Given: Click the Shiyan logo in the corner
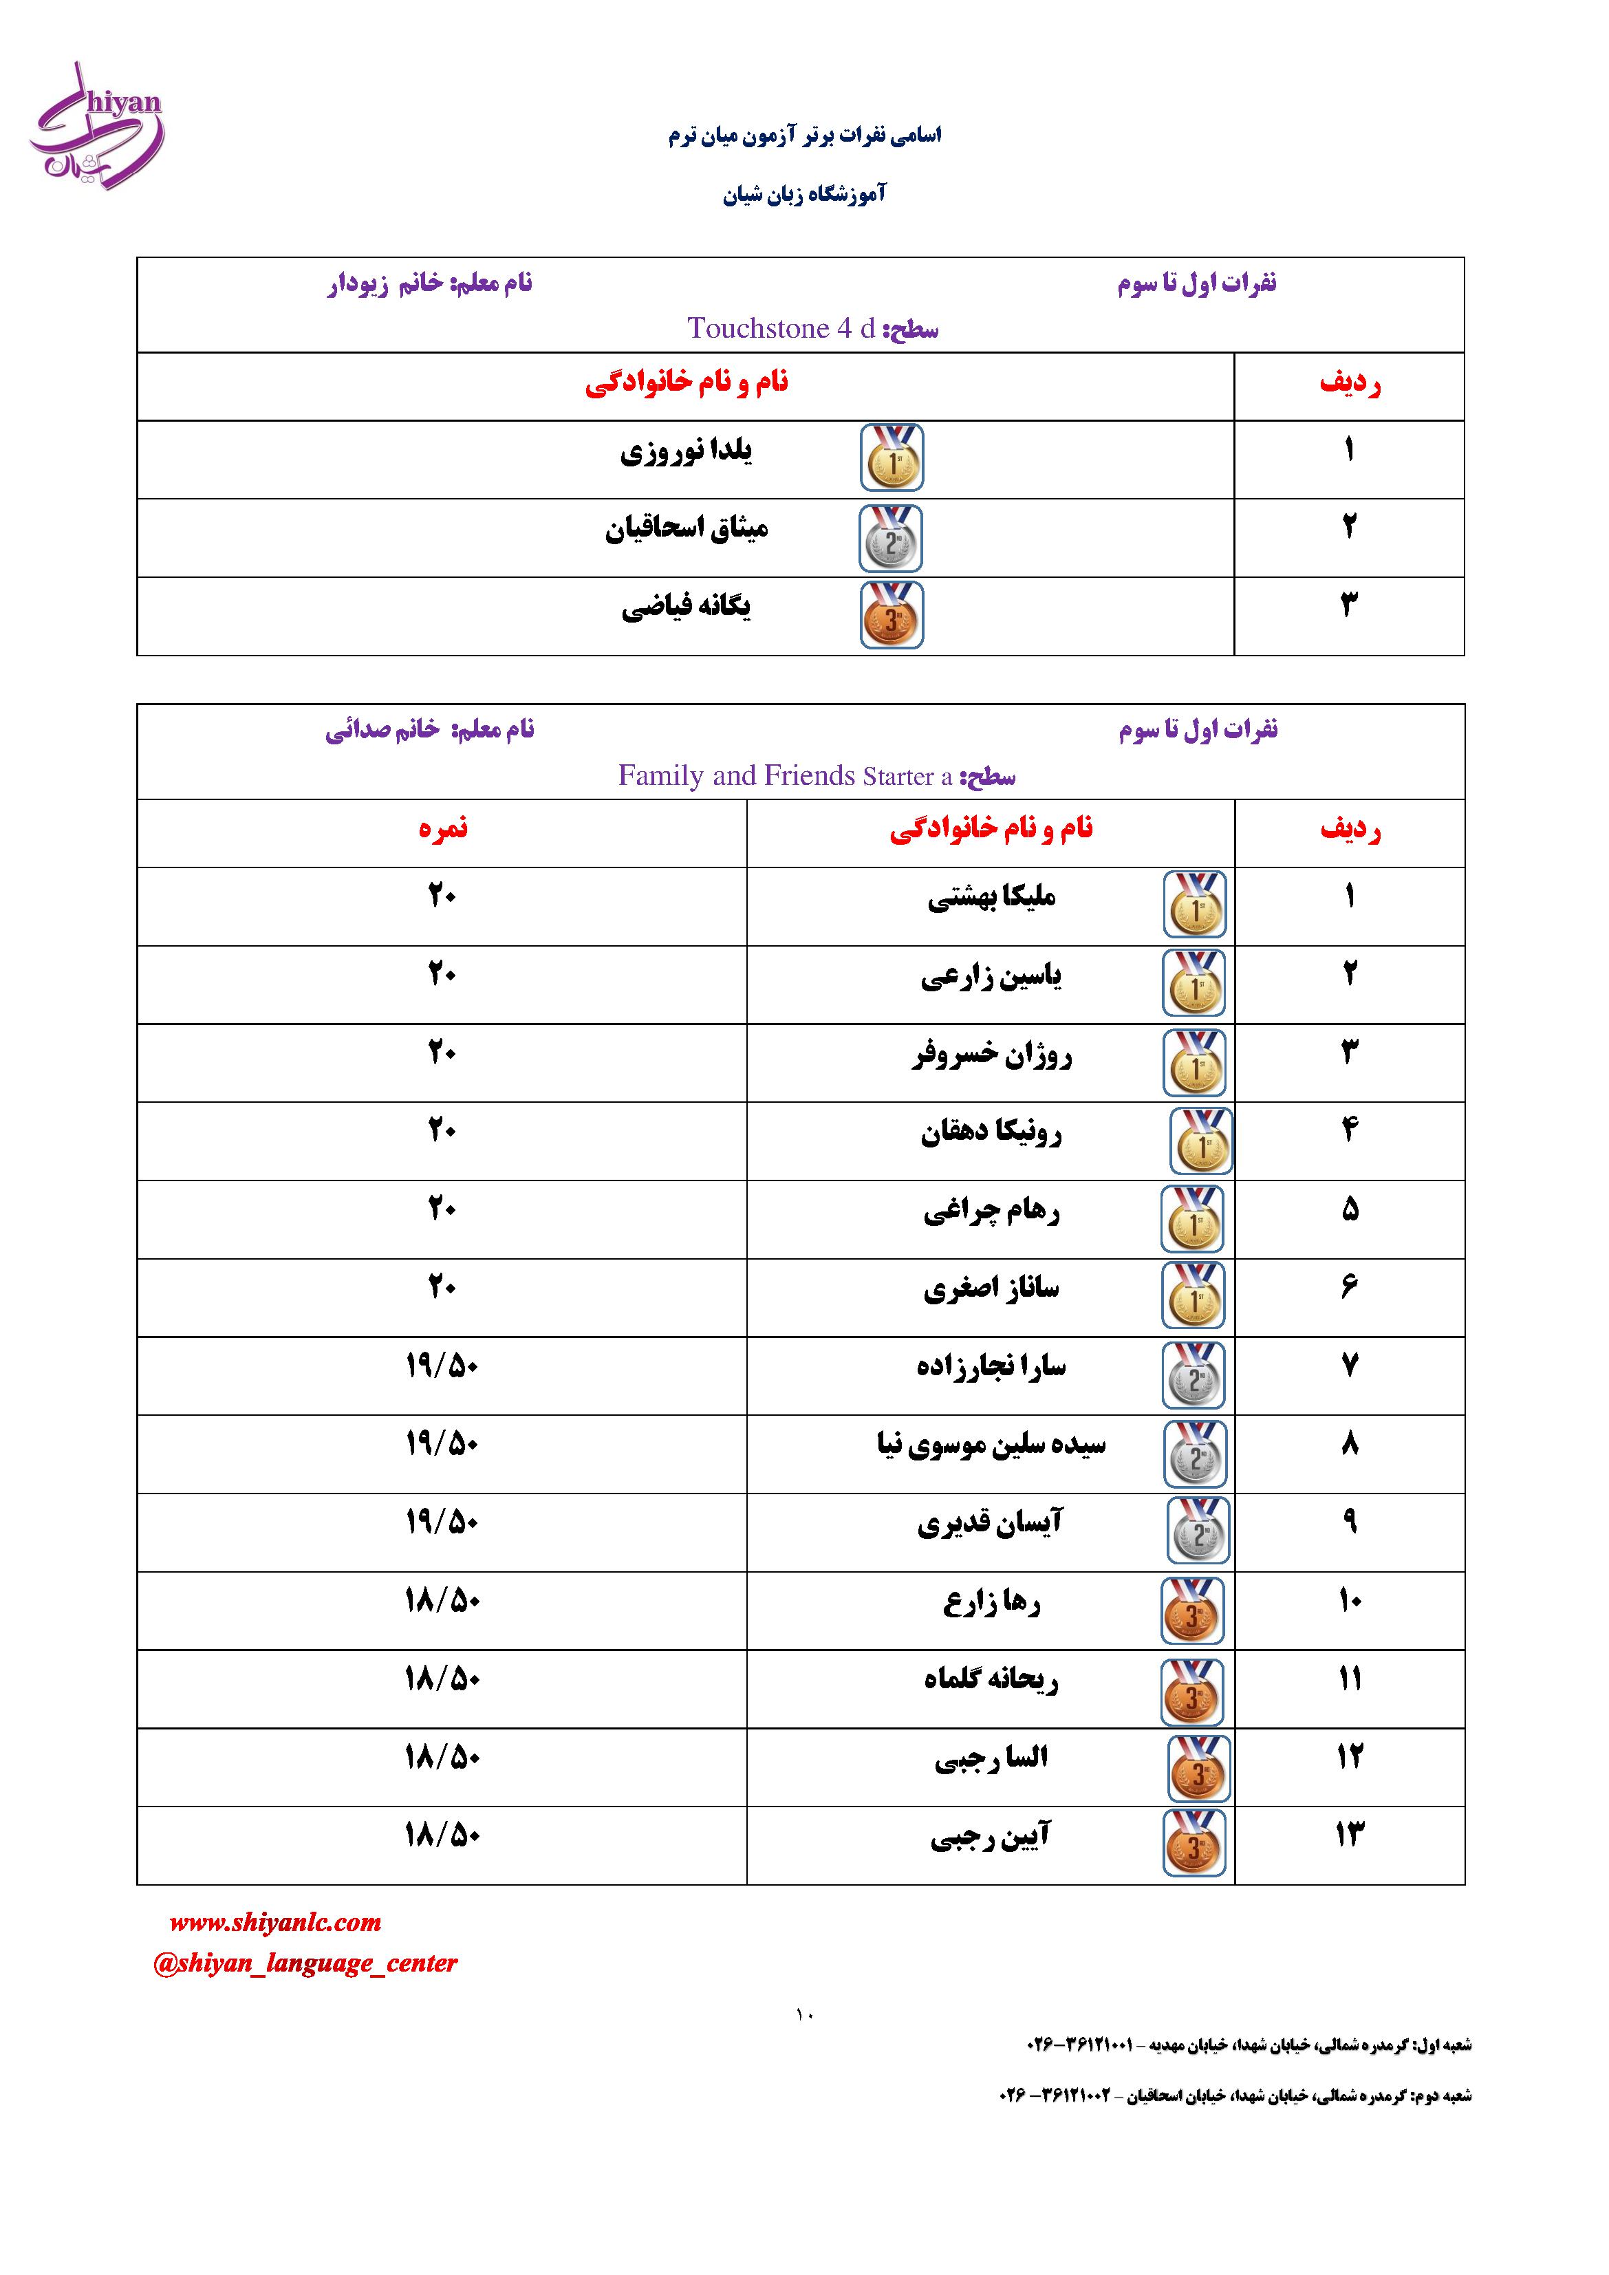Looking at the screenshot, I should [97, 126].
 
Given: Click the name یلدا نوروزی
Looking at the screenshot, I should [686, 453].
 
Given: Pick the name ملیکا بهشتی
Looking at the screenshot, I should [991, 898].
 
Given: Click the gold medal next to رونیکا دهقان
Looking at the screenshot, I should [1201, 1141].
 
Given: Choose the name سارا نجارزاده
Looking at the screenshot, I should [991, 1368].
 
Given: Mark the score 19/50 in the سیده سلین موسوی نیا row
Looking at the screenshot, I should [442, 1445].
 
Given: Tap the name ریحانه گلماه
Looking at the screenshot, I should [991, 1679].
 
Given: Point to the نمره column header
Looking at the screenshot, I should [442, 828].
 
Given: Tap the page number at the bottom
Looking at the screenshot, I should [803, 2014].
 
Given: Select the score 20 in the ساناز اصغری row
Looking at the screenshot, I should [442, 1288].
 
